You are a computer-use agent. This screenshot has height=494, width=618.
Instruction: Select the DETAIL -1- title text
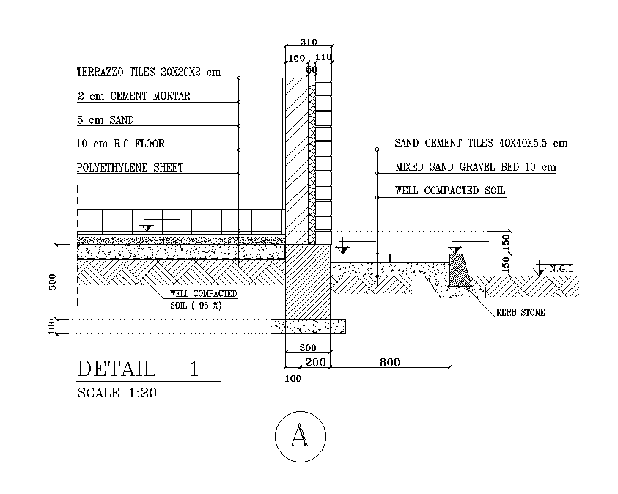(x=147, y=369)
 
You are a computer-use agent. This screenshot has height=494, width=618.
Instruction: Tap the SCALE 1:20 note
(x=117, y=393)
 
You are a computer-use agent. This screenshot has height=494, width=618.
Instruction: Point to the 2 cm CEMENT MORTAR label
(x=133, y=96)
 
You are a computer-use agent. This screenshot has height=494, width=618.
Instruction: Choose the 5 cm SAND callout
(x=106, y=119)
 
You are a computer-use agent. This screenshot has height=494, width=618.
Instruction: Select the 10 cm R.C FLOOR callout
(x=121, y=144)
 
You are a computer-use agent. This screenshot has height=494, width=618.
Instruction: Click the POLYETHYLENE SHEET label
(x=130, y=168)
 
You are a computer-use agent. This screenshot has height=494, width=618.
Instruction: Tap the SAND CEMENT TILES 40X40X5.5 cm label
(x=480, y=143)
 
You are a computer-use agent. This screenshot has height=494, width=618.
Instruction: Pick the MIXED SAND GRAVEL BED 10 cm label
(x=475, y=167)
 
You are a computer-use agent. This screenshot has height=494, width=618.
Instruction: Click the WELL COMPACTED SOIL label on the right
(x=450, y=191)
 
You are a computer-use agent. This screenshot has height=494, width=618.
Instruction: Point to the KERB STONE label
(x=520, y=313)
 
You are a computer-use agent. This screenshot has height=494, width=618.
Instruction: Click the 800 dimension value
(x=389, y=362)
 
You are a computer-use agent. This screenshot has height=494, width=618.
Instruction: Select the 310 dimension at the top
(x=308, y=43)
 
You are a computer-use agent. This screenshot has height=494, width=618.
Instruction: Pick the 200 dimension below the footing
(x=316, y=362)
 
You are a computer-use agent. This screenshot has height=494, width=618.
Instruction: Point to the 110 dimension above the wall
(x=323, y=57)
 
